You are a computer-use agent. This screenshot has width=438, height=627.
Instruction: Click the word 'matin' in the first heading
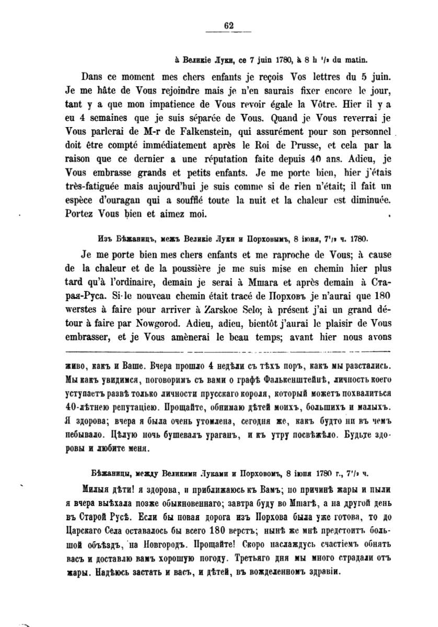click(x=356, y=60)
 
